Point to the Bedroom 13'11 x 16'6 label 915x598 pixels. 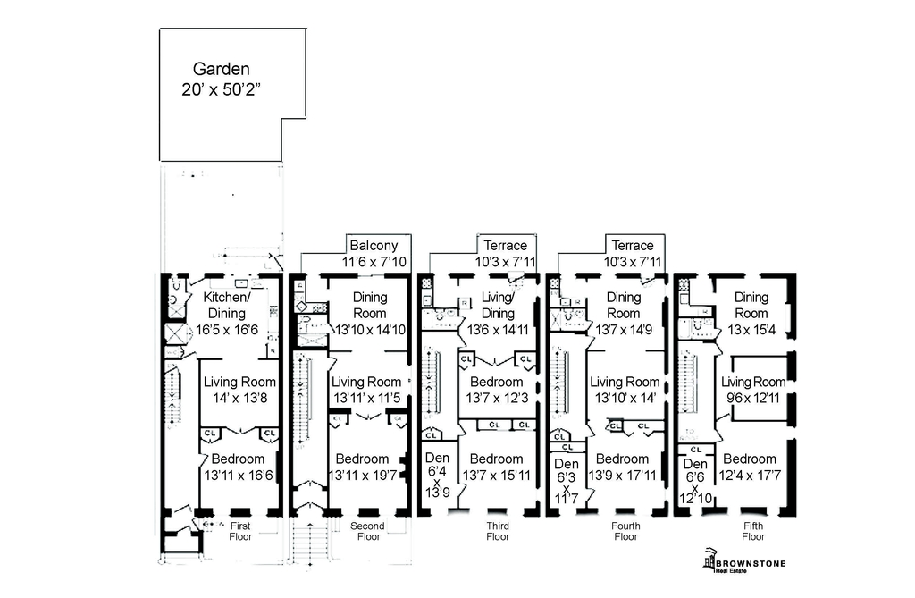[x=239, y=467]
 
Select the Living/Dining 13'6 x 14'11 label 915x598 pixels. [x=498, y=313]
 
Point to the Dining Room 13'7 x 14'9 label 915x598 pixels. [x=624, y=313]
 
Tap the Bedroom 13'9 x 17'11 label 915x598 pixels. [x=624, y=467]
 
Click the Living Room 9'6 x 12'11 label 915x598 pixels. [x=753, y=390]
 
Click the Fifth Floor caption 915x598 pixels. [x=753, y=532]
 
